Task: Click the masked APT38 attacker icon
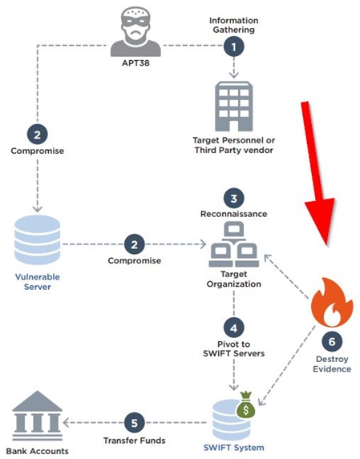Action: (136, 31)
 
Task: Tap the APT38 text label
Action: (136, 63)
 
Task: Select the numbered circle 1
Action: (234, 46)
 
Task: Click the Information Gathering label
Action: (234, 25)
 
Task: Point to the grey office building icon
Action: (234, 107)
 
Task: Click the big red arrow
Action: (318, 173)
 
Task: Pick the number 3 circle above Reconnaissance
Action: (234, 199)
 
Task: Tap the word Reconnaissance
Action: (234, 214)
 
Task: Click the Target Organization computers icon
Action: (234, 244)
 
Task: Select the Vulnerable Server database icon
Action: (37, 240)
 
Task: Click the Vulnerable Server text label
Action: (37, 282)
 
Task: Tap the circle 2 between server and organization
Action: (135, 244)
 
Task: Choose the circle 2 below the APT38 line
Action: (37, 135)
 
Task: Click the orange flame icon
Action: (332, 302)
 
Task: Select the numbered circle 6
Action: (332, 341)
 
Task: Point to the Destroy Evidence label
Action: (332, 364)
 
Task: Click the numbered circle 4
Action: (234, 328)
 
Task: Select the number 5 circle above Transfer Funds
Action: (135, 423)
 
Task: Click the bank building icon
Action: (37, 416)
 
